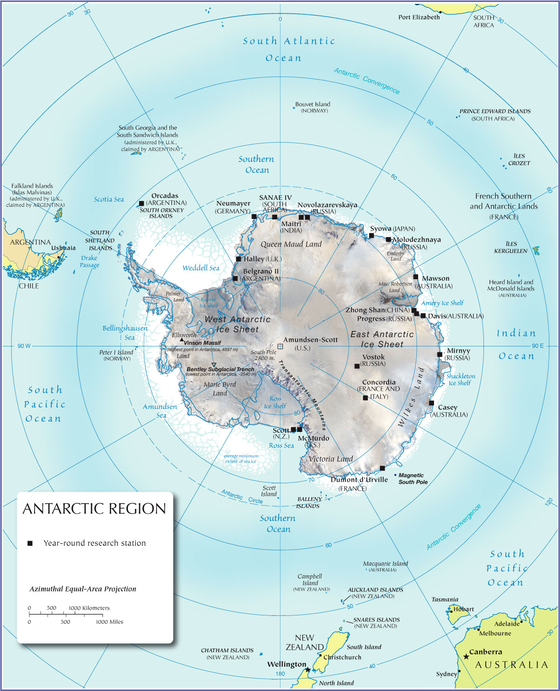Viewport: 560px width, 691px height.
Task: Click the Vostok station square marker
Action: point(357,366)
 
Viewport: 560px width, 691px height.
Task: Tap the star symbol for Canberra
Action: point(466,656)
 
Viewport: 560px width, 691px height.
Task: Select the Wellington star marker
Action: point(308,670)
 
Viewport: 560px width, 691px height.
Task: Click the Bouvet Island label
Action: point(312,104)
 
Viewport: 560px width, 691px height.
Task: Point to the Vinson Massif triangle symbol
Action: point(182,339)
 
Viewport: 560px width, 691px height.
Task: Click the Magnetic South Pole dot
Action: point(396,475)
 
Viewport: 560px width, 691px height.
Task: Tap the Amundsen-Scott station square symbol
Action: point(280,346)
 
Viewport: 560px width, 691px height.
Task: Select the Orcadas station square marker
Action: point(141,204)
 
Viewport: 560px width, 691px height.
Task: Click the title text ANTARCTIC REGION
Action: point(94,508)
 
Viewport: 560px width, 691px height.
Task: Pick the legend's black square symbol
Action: point(30,543)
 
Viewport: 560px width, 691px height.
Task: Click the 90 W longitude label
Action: point(24,346)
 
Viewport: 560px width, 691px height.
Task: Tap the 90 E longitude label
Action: point(538,346)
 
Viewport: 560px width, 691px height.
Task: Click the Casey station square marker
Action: point(431,403)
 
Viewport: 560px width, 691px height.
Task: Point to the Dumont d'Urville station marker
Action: point(382,468)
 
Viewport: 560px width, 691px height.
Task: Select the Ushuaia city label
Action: point(63,248)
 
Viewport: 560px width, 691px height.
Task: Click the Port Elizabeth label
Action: point(419,17)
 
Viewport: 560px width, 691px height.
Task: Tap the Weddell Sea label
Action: point(201,268)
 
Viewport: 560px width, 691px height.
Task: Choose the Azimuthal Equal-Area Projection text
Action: point(83,589)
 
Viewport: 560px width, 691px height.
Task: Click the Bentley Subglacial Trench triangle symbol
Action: point(214,365)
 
